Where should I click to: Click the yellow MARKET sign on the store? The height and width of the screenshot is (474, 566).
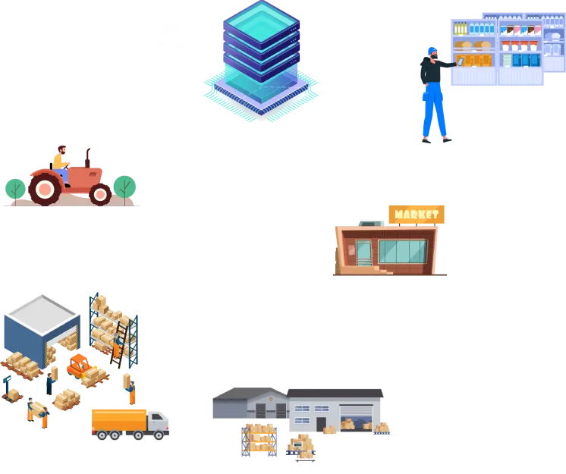pos(417,214)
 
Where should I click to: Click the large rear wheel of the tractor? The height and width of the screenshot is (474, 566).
pos(46,187)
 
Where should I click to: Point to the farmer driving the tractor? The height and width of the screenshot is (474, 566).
pos(60,160)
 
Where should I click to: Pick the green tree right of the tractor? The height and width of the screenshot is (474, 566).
pos(124,186)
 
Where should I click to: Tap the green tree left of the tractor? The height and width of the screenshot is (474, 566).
pos(15,188)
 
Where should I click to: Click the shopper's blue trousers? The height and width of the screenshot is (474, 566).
pos(433,111)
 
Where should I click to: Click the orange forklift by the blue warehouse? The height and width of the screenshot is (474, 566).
pos(79,365)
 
